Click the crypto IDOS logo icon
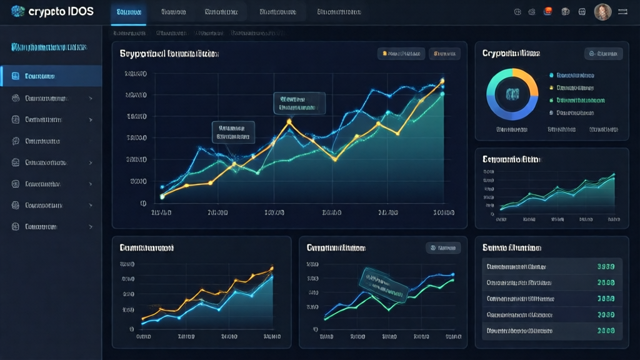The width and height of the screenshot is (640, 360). (x=18, y=11)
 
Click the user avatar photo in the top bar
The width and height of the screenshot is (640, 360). (x=602, y=12)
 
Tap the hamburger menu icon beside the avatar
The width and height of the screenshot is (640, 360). (x=624, y=12)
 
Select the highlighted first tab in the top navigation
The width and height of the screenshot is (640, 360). (x=128, y=12)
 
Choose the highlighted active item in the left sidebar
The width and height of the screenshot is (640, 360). (x=51, y=76)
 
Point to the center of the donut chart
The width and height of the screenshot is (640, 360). (x=512, y=94)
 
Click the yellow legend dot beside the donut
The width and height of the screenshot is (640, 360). (x=551, y=88)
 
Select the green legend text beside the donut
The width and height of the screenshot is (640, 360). (x=581, y=100)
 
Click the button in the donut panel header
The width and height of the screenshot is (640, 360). (x=603, y=54)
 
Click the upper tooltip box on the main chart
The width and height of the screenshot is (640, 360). (x=299, y=103)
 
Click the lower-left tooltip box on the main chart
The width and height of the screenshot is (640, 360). (x=234, y=132)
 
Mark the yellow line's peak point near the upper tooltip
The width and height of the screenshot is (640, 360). (x=289, y=121)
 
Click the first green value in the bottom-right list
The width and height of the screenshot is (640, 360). (x=606, y=266)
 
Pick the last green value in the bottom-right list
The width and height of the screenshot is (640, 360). (x=606, y=331)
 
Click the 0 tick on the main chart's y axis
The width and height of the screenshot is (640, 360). (x=143, y=203)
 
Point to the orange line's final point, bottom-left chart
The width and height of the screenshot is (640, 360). (x=272, y=269)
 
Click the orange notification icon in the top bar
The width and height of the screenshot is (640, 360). (x=548, y=11)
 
